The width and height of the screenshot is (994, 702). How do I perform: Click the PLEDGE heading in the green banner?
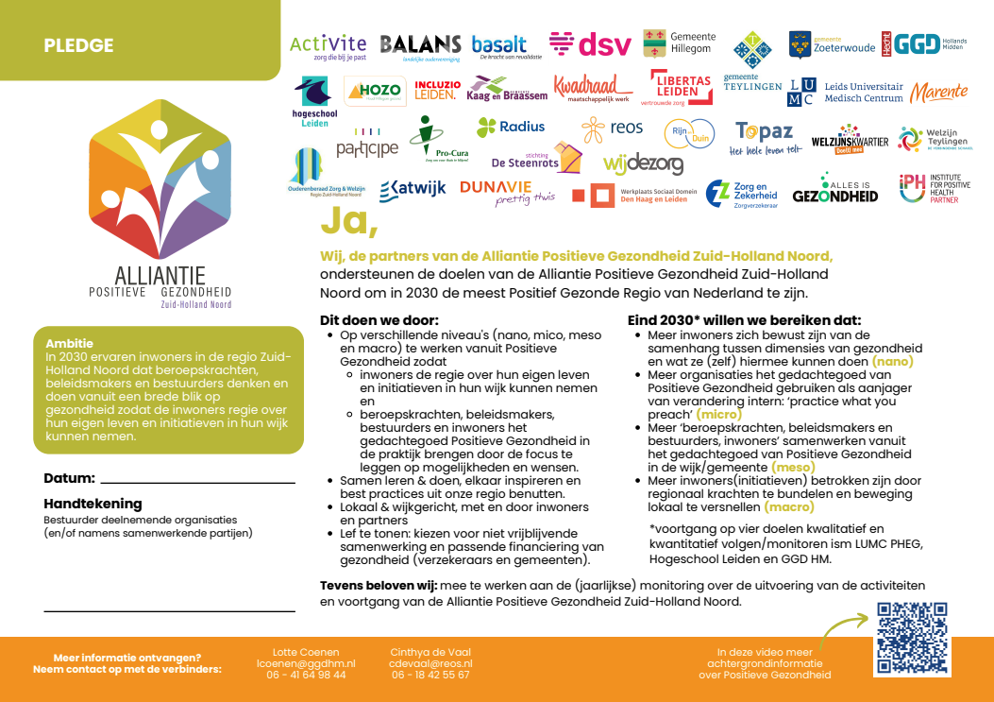coord(78,45)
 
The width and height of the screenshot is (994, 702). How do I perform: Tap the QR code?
coord(911,639)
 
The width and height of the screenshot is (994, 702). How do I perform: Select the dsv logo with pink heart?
coord(590,44)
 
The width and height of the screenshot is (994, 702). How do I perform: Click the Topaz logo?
coord(765,136)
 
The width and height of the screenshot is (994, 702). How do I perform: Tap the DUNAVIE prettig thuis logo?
coord(507,192)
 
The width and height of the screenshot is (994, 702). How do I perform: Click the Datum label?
coord(69,478)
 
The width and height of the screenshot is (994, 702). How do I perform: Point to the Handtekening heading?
coord(93,504)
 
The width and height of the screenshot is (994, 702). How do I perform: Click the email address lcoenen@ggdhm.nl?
coord(306,663)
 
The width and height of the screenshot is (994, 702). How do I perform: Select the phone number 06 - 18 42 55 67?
coord(430,675)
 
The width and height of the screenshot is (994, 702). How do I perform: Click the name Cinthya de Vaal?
coord(430,652)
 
